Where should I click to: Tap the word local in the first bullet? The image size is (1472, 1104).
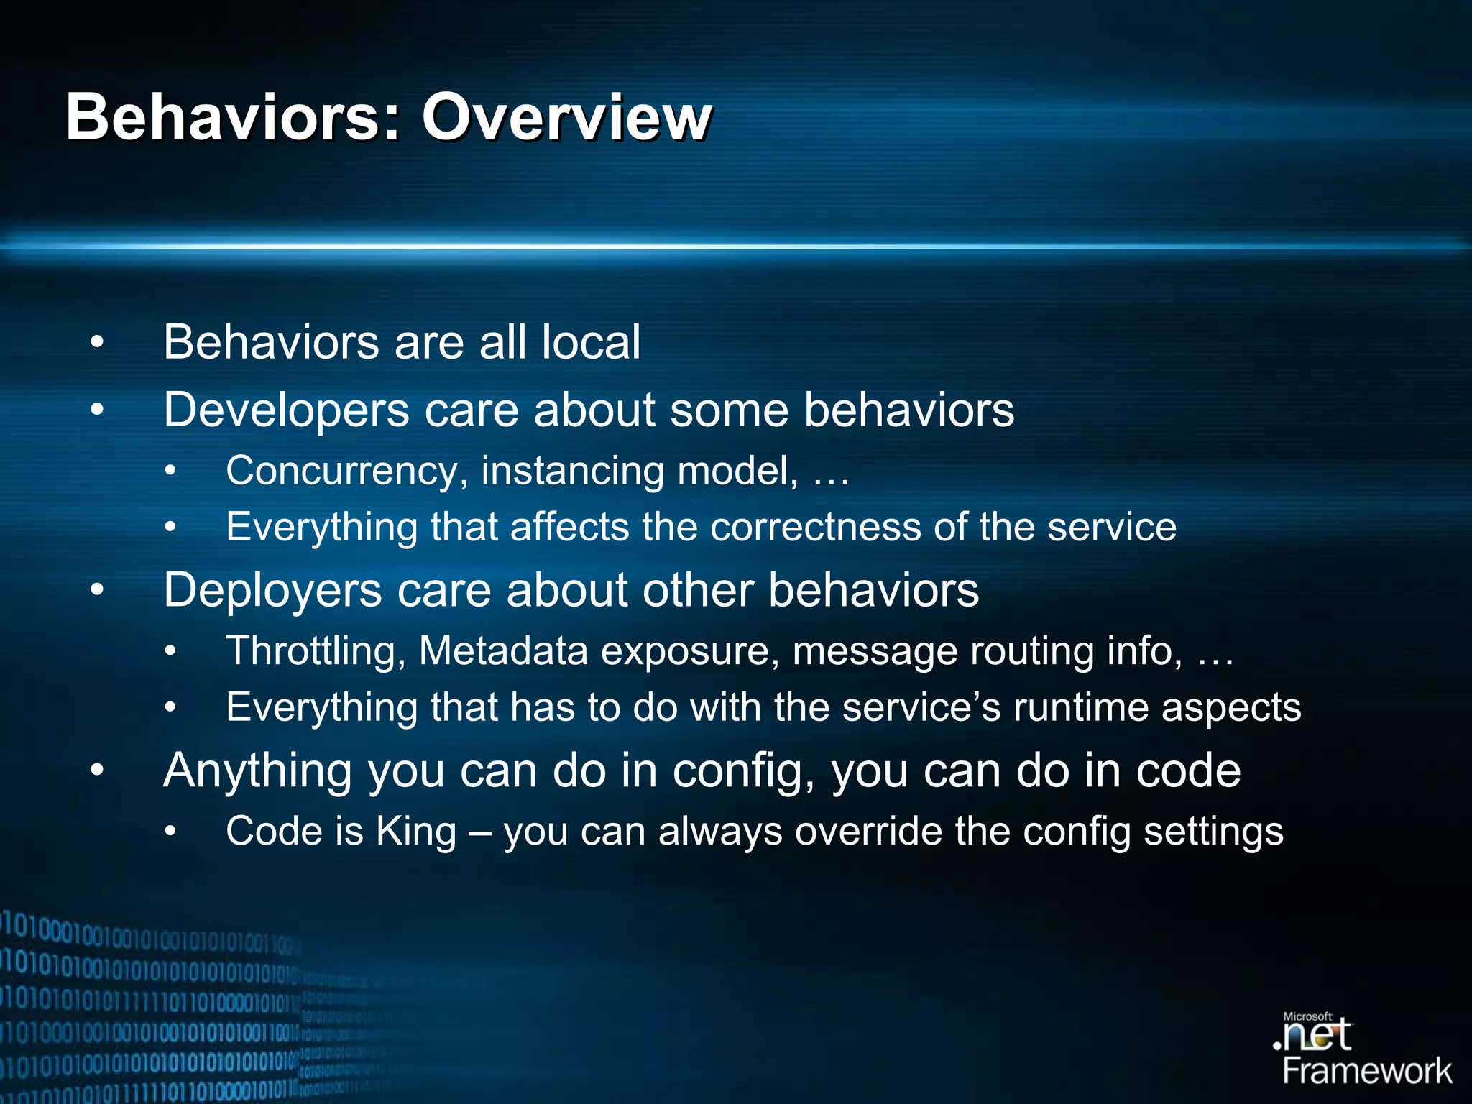tap(590, 342)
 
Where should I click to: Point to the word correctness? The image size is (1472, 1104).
tap(815, 527)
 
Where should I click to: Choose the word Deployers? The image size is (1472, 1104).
tap(272, 591)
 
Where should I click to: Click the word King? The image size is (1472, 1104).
tap(416, 832)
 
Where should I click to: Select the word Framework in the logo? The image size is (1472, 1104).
tap(1366, 1072)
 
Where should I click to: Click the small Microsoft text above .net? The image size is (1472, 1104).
tap(1307, 1016)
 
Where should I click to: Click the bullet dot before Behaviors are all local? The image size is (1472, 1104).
tap(97, 342)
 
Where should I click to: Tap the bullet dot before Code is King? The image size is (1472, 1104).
tap(170, 832)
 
